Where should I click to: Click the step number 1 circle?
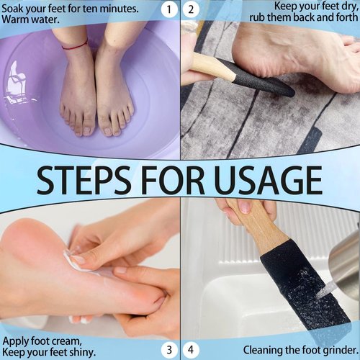(x=168, y=9)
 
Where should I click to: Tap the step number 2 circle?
(x=191, y=9)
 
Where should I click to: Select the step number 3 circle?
(x=168, y=350)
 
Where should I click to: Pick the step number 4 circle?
(x=191, y=350)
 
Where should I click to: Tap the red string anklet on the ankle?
(x=76, y=46)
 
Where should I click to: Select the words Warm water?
(x=33, y=20)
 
